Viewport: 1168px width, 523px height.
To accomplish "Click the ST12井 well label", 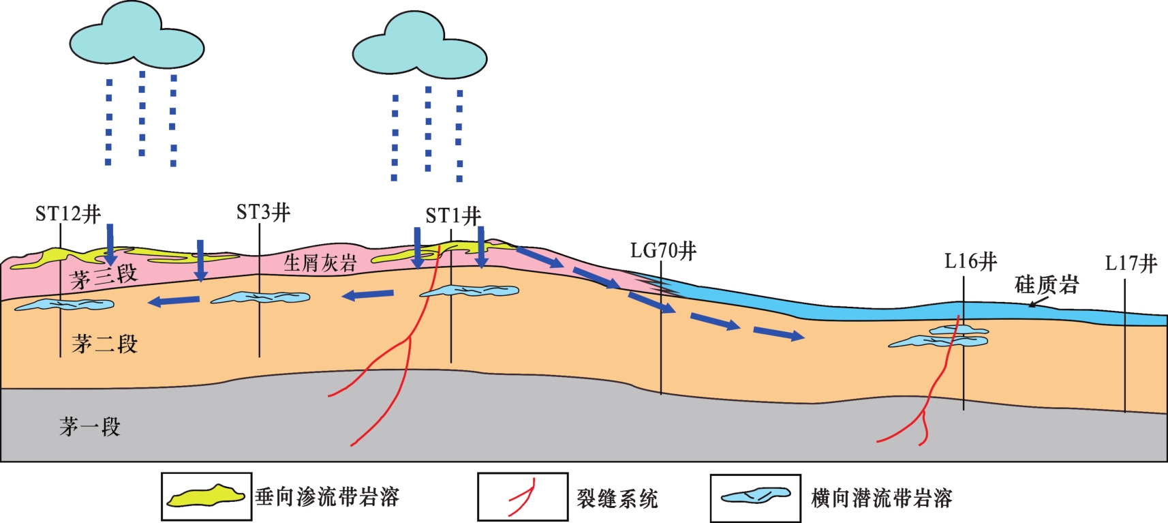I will [x=68, y=214].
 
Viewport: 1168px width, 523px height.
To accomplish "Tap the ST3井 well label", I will [x=263, y=213].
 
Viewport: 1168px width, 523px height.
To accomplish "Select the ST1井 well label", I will [x=453, y=216].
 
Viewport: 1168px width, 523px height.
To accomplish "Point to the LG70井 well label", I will [x=663, y=251].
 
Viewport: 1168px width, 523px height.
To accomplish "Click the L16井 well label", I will [x=970, y=261].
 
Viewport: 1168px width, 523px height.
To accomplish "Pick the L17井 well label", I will [x=1131, y=263].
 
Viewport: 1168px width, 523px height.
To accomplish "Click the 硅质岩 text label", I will [x=1047, y=284].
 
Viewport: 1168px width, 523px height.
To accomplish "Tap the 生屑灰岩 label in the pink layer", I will [x=320, y=263].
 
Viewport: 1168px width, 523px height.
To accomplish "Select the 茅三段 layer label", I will [x=104, y=276].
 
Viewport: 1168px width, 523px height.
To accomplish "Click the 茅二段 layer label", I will [x=104, y=344].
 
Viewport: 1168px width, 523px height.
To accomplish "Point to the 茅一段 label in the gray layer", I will [x=89, y=427].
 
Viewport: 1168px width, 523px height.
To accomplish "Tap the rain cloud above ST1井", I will [x=419, y=46].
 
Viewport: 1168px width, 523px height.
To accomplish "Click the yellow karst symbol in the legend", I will [x=206, y=496].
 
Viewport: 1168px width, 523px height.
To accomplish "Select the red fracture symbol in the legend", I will [x=523, y=498].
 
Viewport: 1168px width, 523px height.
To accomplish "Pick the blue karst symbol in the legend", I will [x=756, y=496].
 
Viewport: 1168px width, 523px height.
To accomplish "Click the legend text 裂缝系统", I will [x=617, y=498].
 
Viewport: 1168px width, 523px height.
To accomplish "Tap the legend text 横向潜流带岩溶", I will [x=881, y=498].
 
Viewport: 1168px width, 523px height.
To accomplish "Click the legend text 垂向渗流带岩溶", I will [x=327, y=497].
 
